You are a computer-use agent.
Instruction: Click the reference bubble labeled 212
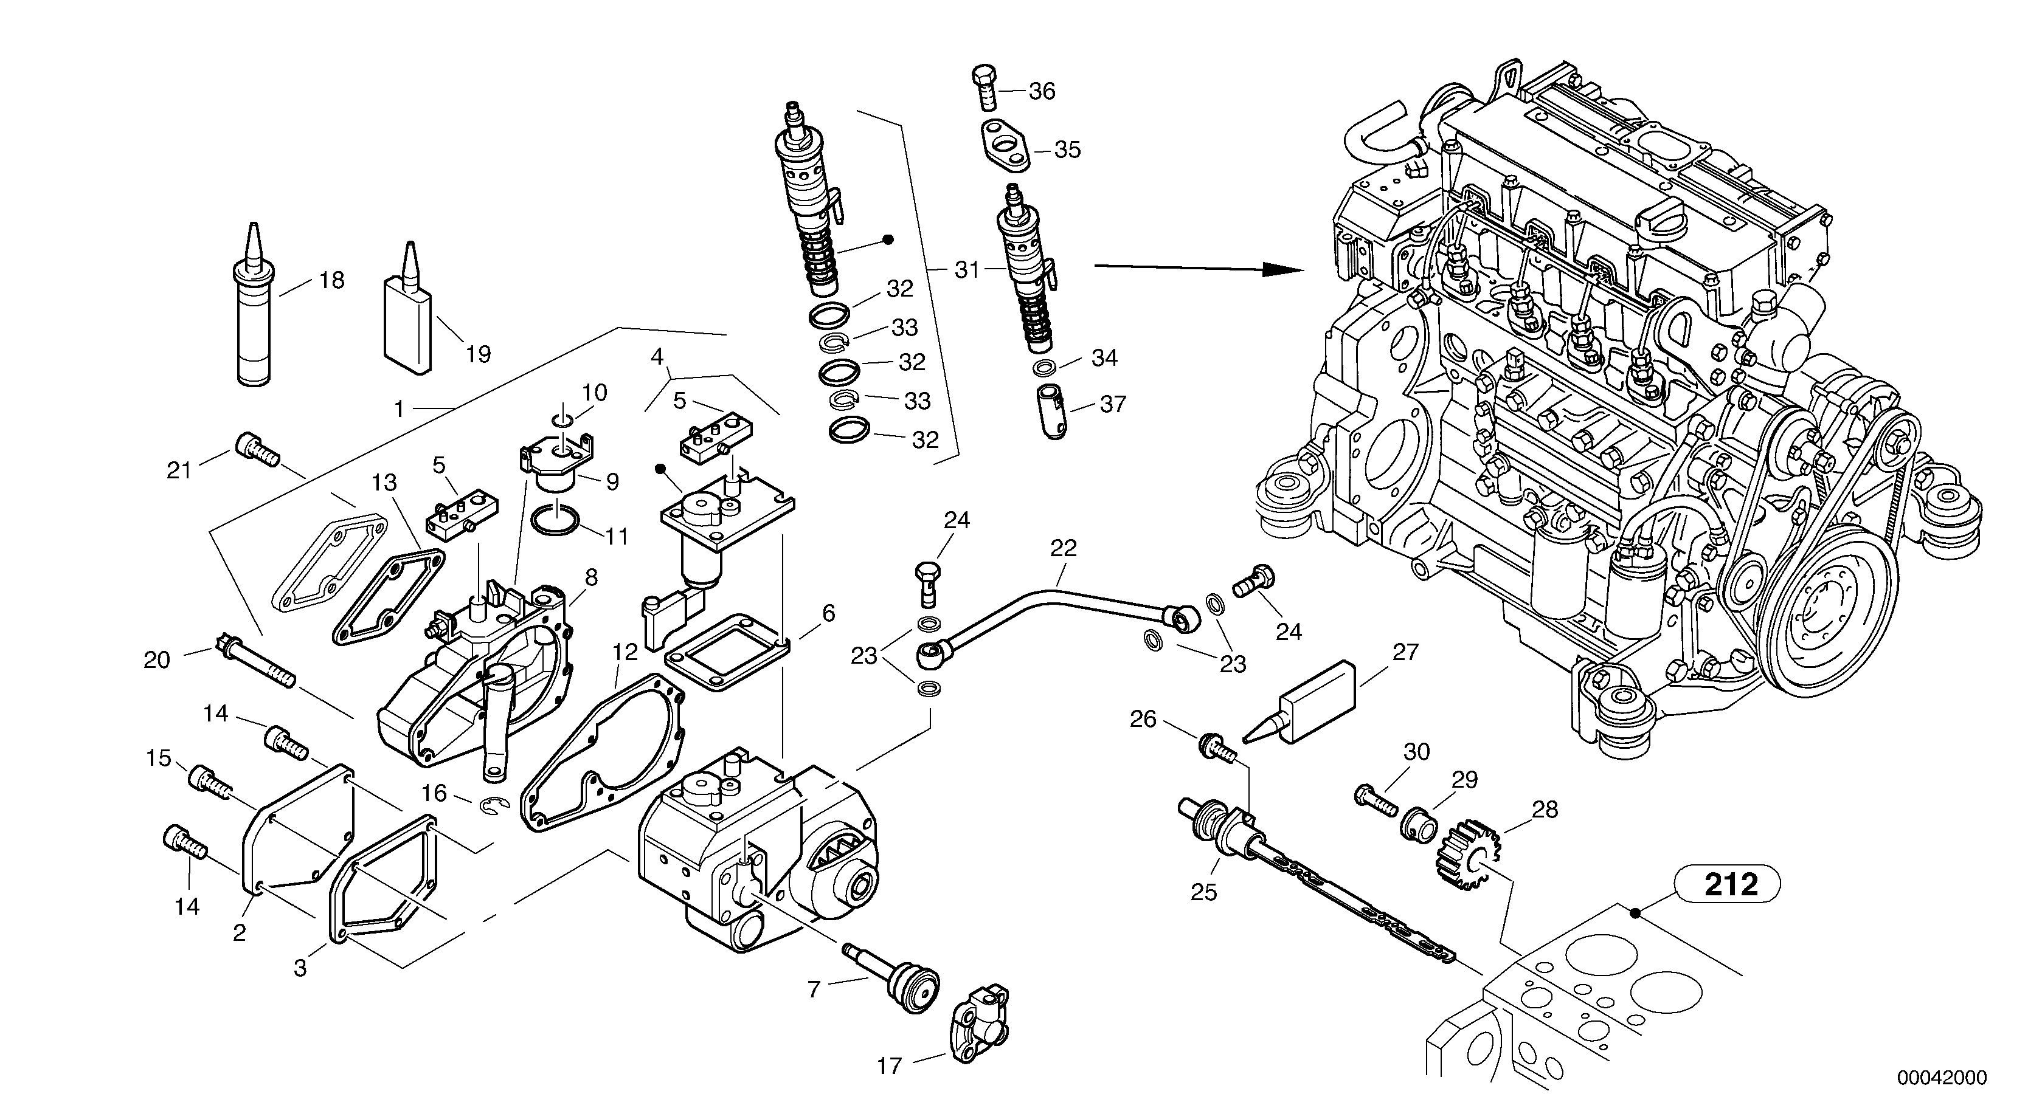coord(1731,884)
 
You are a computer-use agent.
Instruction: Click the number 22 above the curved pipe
coord(1063,548)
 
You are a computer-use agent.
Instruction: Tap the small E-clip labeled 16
coord(495,804)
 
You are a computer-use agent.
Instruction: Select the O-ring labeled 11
coord(556,520)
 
